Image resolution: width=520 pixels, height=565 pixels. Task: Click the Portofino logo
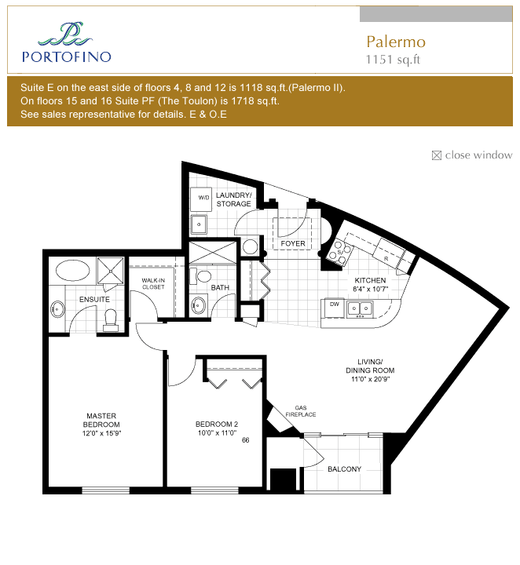66,42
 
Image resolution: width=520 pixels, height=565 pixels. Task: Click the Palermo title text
396,42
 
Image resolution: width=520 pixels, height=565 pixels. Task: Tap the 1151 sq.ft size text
393,60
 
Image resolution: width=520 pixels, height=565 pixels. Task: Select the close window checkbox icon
436,155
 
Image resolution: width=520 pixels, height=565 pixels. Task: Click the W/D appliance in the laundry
201,199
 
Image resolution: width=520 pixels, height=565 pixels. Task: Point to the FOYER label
293,243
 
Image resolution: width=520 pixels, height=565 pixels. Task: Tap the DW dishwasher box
335,308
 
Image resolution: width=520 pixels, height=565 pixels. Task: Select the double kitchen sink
360,309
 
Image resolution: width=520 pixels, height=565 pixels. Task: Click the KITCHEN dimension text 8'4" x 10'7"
370,289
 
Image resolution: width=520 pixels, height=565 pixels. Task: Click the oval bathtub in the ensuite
72,270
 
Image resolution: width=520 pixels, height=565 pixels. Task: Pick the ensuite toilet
111,320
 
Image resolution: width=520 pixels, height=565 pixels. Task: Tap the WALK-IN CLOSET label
153,283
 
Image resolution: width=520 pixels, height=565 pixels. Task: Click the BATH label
220,287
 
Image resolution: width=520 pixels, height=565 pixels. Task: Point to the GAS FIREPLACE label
301,411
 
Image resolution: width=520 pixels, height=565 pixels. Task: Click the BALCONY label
344,469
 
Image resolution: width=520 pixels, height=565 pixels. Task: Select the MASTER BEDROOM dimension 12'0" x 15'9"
101,433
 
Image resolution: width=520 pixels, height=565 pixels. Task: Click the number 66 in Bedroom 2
246,440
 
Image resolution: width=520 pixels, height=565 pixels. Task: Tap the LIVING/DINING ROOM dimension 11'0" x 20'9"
370,379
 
